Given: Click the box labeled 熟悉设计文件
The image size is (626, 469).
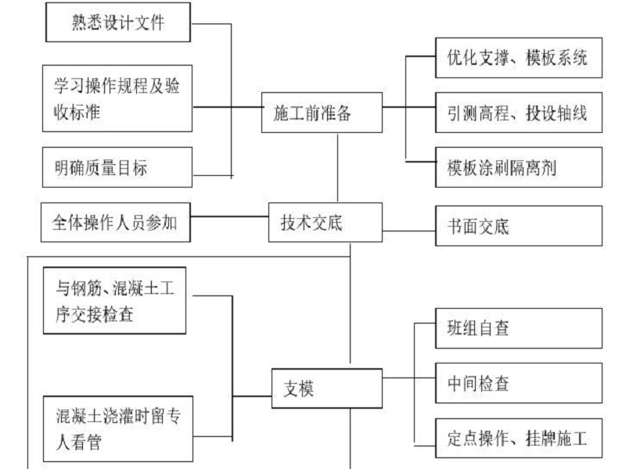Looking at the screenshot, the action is tap(118, 23).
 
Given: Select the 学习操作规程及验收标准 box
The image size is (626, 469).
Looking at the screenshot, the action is tap(117, 98).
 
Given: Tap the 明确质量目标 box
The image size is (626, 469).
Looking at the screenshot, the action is tap(117, 167).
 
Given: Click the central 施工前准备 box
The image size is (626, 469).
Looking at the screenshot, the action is tap(322, 113).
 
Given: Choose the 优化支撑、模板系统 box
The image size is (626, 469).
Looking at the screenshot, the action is tap(519, 58).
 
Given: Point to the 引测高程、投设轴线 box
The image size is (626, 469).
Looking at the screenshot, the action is tap(519, 113).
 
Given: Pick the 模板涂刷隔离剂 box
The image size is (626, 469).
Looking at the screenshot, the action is tap(519, 167).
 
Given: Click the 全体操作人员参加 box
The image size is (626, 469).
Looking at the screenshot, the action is tap(116, 222).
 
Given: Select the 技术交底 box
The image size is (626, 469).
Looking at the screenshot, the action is tap(326, 222).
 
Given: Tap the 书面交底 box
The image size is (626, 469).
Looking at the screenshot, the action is tap(519, 226).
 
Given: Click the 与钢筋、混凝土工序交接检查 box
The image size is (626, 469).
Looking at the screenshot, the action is tap(114, 301).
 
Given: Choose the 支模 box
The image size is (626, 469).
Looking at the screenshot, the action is tap(327, 388).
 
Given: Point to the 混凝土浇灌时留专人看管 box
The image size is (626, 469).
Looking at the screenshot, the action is tap(118, 428).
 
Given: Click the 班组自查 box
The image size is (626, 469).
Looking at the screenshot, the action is tap(519, 328).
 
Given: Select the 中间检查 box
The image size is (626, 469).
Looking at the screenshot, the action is tap(519, 383).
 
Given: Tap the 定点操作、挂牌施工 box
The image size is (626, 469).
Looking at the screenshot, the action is tap(519, 438).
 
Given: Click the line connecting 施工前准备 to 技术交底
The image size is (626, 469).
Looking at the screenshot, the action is tap(338, 167).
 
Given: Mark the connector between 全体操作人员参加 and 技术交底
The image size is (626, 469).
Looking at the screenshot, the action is tap(229, 217).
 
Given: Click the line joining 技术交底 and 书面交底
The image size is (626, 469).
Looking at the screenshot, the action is tap(408, 231).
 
